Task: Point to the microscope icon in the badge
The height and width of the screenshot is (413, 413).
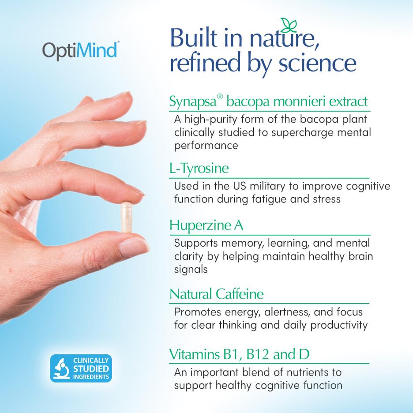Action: pyautogui.click(x=61, y=368)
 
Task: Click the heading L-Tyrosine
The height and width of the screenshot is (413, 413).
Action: pyautogui.click(x=199, y=169)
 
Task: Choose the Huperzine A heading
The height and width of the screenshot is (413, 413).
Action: pyautogui.click(x=206, y=225)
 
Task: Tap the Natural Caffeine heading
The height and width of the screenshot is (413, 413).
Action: pyautogui.click(x=216, y=294)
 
